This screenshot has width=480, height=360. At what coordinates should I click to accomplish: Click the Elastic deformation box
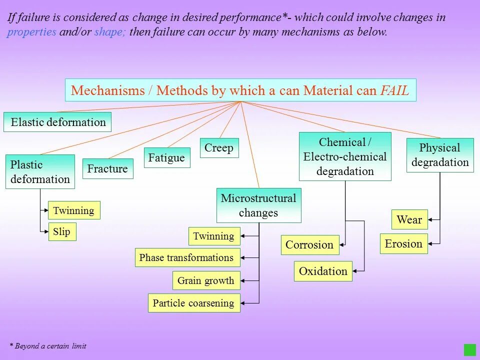[57, 122]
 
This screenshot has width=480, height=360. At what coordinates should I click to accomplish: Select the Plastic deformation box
[40, 171]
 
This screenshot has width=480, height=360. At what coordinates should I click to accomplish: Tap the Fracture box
[107, 168]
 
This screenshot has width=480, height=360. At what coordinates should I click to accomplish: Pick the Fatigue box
[167, 157]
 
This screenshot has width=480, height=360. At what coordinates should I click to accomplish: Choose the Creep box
[219, 148]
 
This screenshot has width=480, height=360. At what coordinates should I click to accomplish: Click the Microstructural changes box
[258, 205]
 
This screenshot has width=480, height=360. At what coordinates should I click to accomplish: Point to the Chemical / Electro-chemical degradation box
[345, 156]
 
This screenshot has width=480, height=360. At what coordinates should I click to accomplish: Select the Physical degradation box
[440, 155]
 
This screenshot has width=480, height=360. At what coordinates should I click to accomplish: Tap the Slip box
[62, 232]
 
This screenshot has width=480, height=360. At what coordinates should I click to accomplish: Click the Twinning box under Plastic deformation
[74, 210]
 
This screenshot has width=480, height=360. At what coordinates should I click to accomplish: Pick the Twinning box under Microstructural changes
[214, 236]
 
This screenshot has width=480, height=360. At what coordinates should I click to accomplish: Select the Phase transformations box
[187, 257]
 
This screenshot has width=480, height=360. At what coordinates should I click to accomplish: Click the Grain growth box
[206, 280]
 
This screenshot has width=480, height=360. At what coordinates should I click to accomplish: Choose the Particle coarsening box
[194, 303]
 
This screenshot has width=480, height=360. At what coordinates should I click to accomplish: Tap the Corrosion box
[310, 245]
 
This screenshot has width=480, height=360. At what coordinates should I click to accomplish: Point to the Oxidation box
[323, 271]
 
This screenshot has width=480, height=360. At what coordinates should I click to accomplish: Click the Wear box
[409, 219]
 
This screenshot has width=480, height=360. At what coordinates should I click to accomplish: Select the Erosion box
[404, 243]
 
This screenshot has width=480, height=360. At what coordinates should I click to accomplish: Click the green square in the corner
[469, 349]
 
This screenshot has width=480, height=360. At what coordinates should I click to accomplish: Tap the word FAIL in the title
[394, 90]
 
